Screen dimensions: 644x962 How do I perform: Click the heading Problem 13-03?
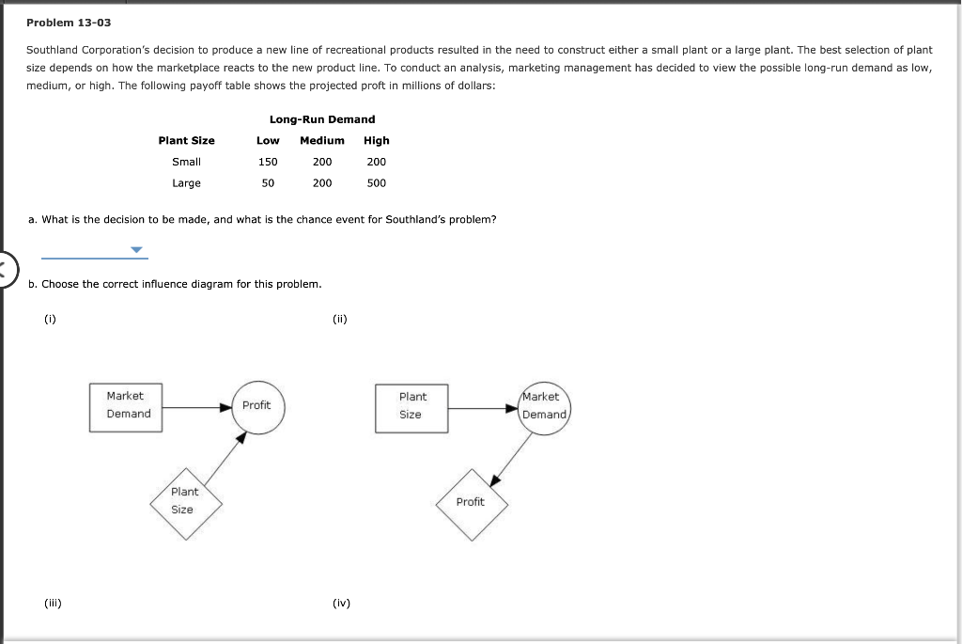point(69,22)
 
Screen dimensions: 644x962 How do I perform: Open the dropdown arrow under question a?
point(137,250)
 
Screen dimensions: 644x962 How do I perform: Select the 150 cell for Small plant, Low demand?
point(268,162)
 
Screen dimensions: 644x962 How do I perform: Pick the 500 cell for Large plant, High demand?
point(376,182)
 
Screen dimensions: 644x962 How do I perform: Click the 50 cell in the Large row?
point(268,182)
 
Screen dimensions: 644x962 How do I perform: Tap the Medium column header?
point(321,140)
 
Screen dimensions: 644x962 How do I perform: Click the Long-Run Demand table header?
point(321,119)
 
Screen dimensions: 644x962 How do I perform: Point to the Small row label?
point(186,162)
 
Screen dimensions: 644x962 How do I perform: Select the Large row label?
point(186,182)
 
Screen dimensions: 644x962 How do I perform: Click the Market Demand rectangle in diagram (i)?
point(127,406)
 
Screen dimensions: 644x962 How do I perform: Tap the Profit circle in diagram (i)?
point(256,405)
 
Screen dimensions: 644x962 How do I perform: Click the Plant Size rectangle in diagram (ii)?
point(411,407)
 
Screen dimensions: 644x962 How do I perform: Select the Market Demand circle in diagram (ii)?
point(545,406)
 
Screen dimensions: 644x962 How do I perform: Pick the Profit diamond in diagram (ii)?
point(472,504)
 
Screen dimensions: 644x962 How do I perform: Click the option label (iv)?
point(341,604)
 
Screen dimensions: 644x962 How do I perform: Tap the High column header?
point(376,140)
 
